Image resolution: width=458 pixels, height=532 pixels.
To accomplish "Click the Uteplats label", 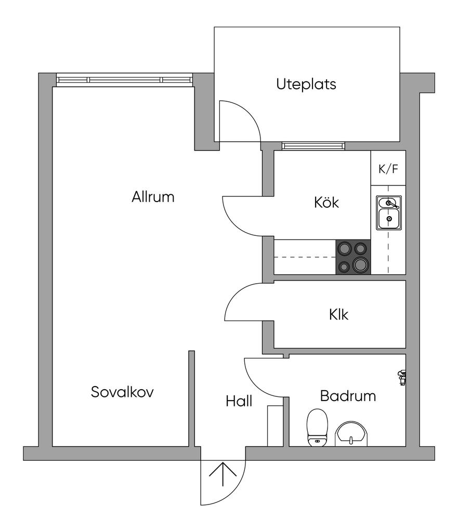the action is pos(306,85).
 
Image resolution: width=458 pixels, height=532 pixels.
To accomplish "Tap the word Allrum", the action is pos(153,197).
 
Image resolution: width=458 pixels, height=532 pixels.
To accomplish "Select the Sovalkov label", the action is pos(122,392).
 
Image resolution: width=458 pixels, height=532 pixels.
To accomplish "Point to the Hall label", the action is pos(239,401).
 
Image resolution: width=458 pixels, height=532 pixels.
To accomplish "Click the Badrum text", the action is pos(348,396).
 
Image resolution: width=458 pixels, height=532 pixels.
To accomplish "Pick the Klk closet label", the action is pos(338,314).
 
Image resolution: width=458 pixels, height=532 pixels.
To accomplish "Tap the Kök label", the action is pos(326,202).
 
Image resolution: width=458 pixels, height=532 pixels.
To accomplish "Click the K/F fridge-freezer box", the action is pos(388,168).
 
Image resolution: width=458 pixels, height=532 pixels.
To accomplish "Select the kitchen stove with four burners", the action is pos(353,257).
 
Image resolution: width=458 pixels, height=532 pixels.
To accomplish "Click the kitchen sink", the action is pos(388,212).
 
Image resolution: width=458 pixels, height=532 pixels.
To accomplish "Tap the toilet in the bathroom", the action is pos(317,428).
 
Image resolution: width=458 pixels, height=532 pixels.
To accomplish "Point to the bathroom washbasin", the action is pos(351,434).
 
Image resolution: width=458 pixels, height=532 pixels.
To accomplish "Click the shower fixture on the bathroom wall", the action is pos(402,378).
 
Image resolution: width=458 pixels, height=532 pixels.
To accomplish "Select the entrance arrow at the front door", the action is pos(223,474).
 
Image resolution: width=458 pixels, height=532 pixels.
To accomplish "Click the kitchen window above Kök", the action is pos(313,146).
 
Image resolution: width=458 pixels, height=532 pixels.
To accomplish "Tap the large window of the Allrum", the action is pos(125,80).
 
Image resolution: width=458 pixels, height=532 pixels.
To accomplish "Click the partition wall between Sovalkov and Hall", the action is pos(192,398).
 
